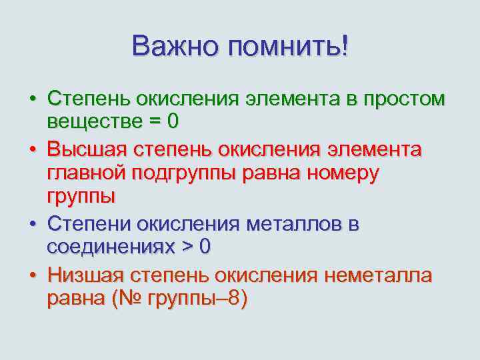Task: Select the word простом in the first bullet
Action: click(x=402, y=99)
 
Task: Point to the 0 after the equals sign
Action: click(x=173, y=123)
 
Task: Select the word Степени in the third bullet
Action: click(x=88, y=223)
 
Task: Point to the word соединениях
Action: click(x=109, y=247)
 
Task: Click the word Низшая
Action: click(x=87, y=275)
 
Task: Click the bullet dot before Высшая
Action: click(x=32, y=149)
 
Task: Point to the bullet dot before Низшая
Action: click(x=32, y=275)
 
